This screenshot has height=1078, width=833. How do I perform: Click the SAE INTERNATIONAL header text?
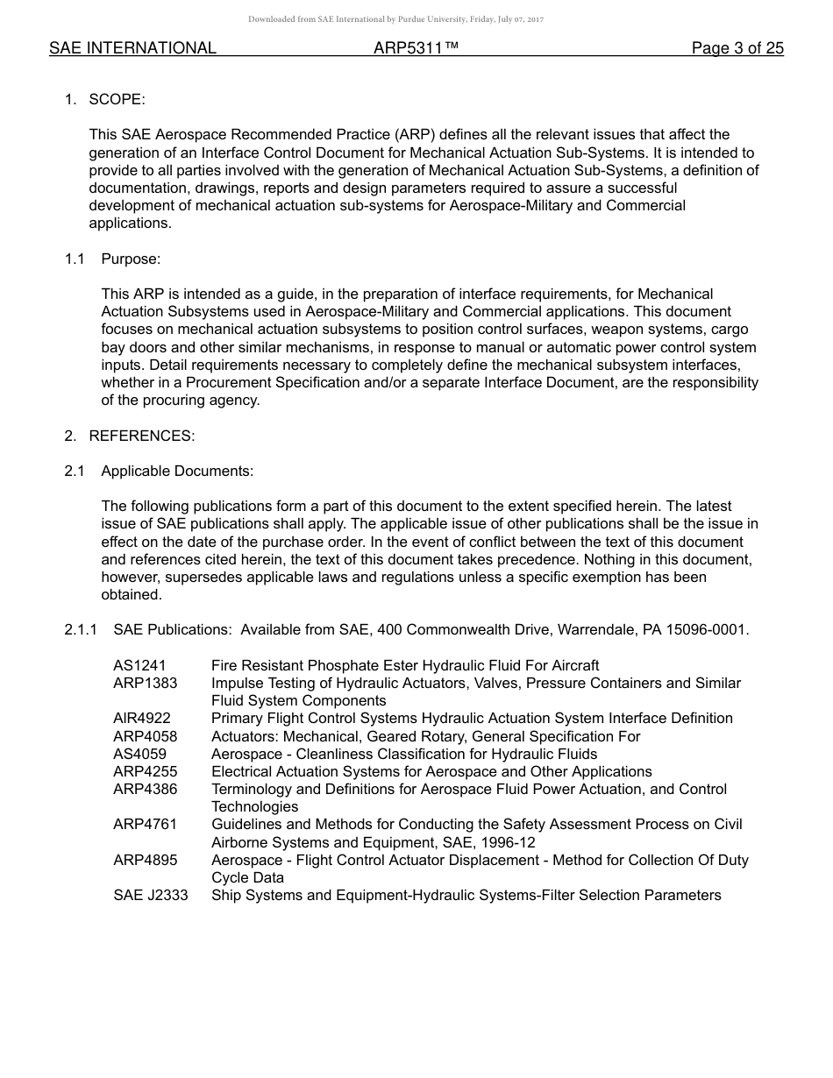132,48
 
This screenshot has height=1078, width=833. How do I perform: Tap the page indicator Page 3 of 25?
737,48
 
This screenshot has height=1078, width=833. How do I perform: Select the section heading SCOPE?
117,99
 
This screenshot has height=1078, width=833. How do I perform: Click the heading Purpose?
131,259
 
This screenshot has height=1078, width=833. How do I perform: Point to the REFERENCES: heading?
142,436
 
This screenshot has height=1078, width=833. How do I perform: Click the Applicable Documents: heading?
177,471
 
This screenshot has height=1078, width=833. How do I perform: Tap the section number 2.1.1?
81,629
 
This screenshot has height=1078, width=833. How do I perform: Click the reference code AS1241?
139,665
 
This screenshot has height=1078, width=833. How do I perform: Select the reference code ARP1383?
145,683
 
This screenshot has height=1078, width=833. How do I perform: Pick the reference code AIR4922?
142,718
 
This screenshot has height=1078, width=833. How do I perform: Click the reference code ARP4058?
145,736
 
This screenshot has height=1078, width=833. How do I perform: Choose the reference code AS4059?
139,754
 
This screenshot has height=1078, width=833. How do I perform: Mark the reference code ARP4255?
145,771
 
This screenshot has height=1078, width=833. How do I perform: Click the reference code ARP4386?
145,789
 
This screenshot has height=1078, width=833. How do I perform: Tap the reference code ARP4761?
145,824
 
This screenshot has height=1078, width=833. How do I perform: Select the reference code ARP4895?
145,860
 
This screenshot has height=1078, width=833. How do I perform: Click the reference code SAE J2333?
150,895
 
